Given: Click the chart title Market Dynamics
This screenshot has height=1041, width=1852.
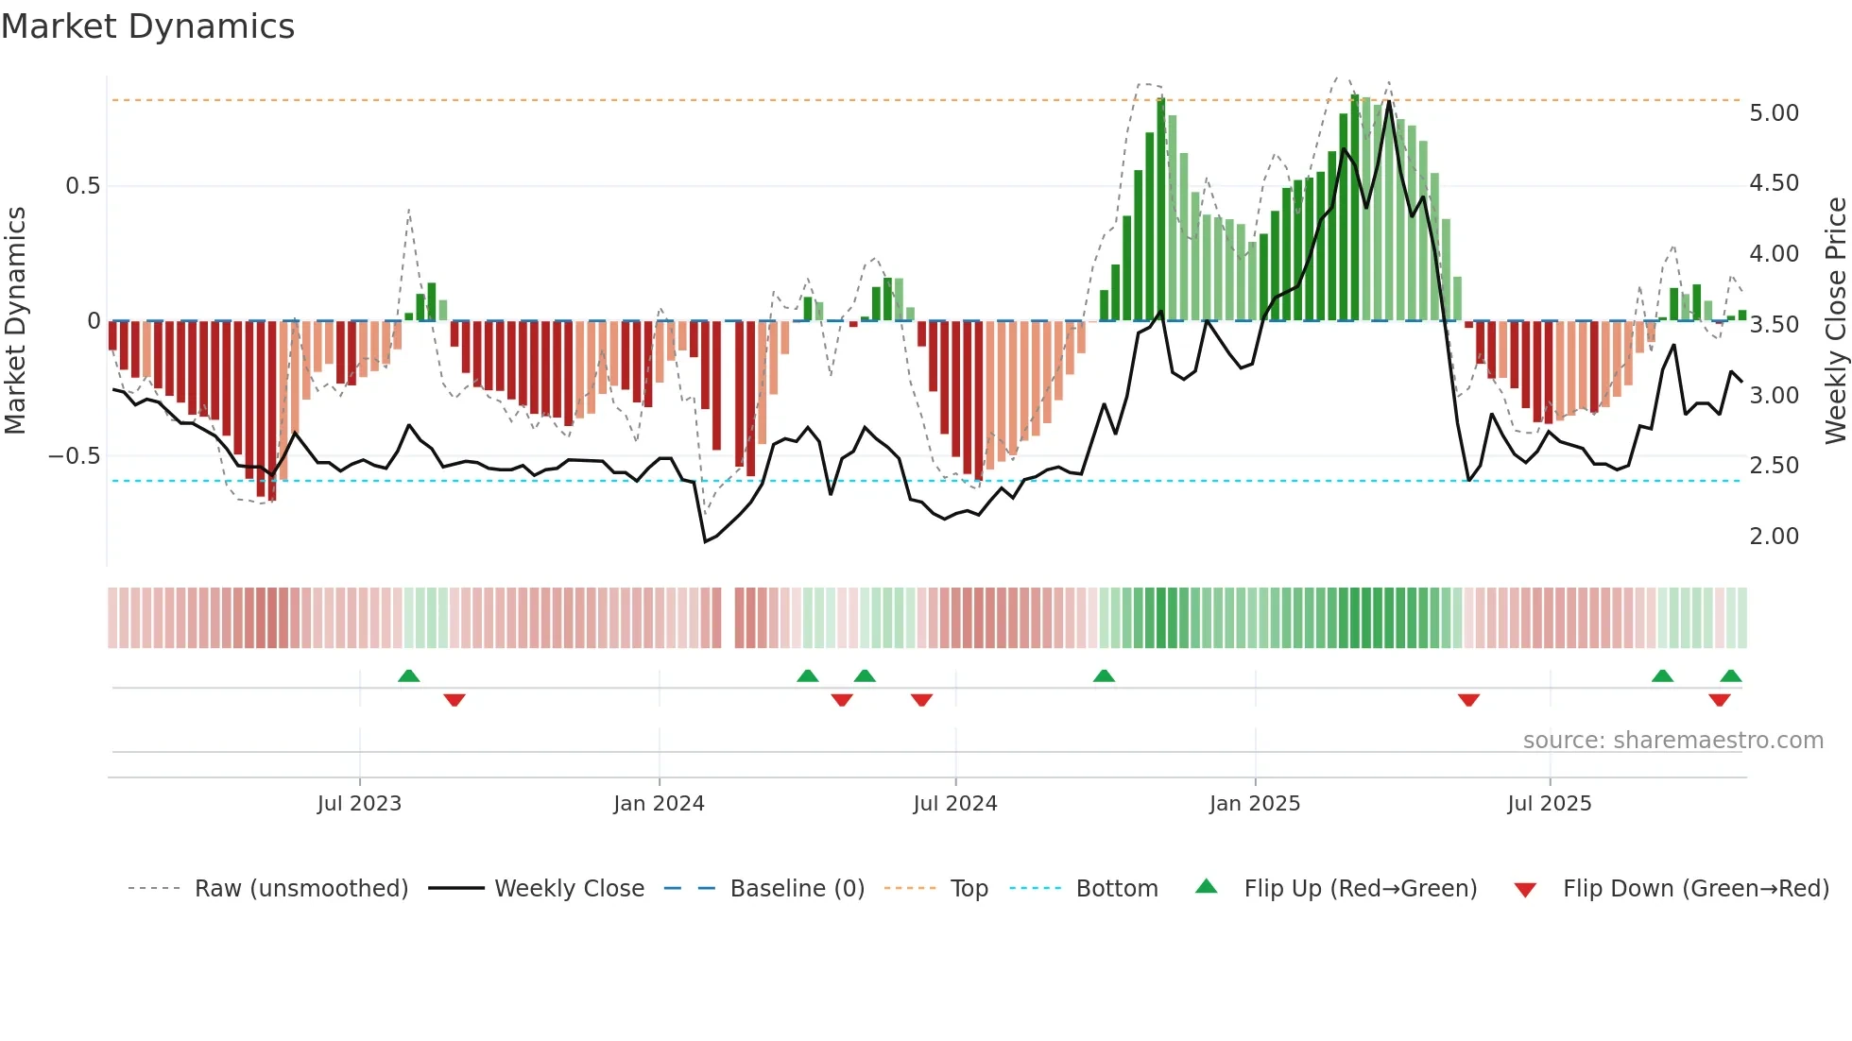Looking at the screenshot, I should tap(147, 26).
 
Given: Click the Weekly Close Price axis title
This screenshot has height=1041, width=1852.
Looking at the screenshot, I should tap(1835, 320).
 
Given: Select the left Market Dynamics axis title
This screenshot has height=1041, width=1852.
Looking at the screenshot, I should tap(15, 320).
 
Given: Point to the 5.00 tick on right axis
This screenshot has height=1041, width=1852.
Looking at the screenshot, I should tap(1774, 113).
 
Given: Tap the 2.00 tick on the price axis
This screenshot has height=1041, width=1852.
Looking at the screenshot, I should tap(1774, 537).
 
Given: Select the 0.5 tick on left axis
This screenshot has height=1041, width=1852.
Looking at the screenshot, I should tap(82, 186).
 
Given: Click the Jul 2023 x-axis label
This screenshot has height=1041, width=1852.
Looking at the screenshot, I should tap(359, 804).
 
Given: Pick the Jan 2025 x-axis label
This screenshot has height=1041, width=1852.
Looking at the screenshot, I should tap(1254, 804).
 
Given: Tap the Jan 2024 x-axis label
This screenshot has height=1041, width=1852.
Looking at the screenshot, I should tap(659, 804).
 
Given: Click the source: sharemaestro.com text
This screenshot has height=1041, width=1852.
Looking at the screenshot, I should tap(1672, 741).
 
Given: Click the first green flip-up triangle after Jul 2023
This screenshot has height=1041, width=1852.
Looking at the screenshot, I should tap(408, 676).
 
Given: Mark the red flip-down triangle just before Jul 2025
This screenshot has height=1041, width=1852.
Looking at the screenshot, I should tap(1468, 700).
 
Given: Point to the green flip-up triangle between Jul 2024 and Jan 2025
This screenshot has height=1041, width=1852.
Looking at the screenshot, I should tap(1104, 676).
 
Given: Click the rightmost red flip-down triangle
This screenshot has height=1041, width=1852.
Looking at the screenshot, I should tap(1719, 700).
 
